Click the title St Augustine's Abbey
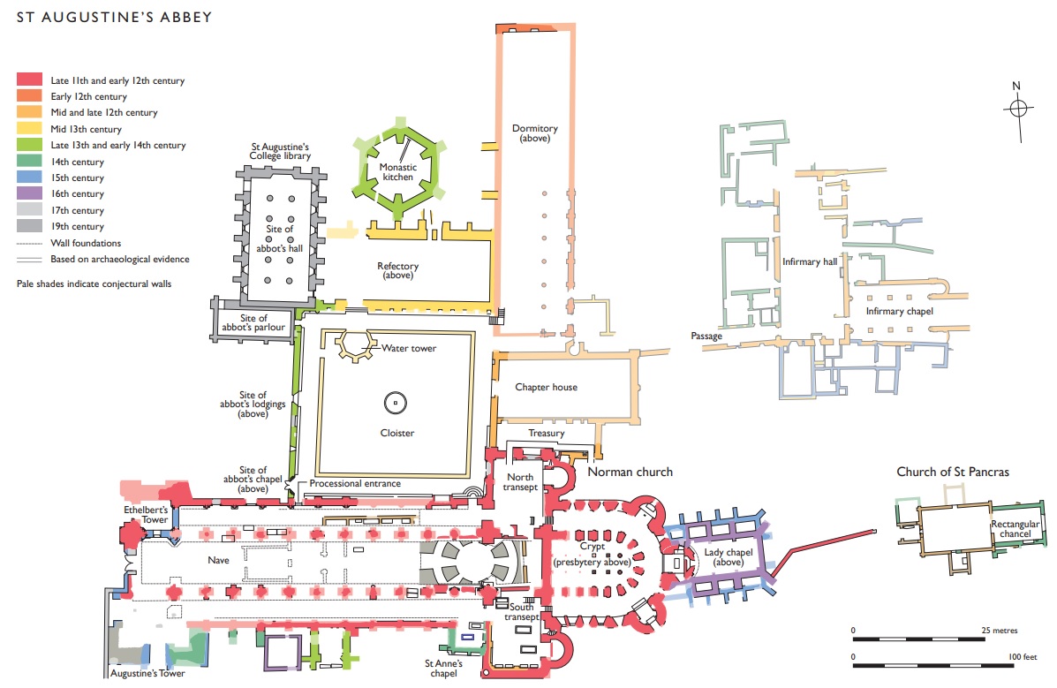pyautogui.click(x=114, y=17)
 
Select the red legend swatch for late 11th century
pyautogui.click(x=30, y=79)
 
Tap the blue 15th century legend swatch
pyautogui.click(x=30, y=178)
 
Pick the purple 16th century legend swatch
pyautogui.click(x=30, y=193)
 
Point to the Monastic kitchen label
pyautogui.click(x=397, y=172)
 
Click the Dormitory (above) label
pyautogui.click(x=534, y=132)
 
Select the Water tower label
pyautogui.click(x=409, y=348)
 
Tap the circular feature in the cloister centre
pyautogui.click(x=395, y=404)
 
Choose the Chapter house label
pyautogui.click(x=546, y=387)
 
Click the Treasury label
pyautogui.click(x=546, y=433)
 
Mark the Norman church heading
pyautogui.click(x=630, y=473)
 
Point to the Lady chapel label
pyautogui.click(x=728, y=557)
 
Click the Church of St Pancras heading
pyautogui.click(x=953, y=473)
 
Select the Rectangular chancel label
pyautogui.click(x=1015, y=529)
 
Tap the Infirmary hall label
pyautogui.click(x=810, y=261)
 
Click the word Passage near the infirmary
pyautogui.click(x=706, y=336)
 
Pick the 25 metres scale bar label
pyautogui.click(x=999, y=631)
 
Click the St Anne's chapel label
pyautogui.click(x=443, y=669)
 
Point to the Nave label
pyautogui.click(x=218, y=560)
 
